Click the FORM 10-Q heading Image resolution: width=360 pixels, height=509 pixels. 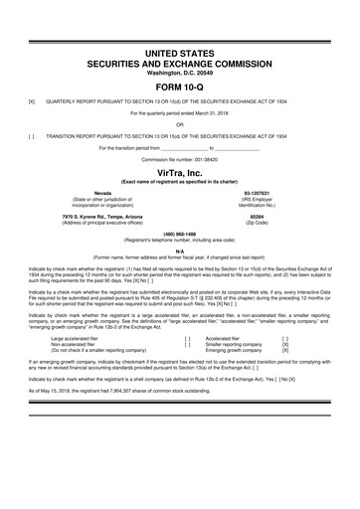(x=180, y=83)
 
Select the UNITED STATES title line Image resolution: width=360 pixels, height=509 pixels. (x=180, y=52)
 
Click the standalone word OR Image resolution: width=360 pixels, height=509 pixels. (x=180, y=124)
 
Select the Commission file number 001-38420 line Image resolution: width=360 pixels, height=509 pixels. (x=180, y=158)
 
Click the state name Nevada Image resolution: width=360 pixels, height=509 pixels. (x=102, y=192)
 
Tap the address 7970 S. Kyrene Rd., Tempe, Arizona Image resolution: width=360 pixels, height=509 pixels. (x=102, y=215)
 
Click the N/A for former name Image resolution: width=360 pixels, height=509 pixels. (x=180, y=250)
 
